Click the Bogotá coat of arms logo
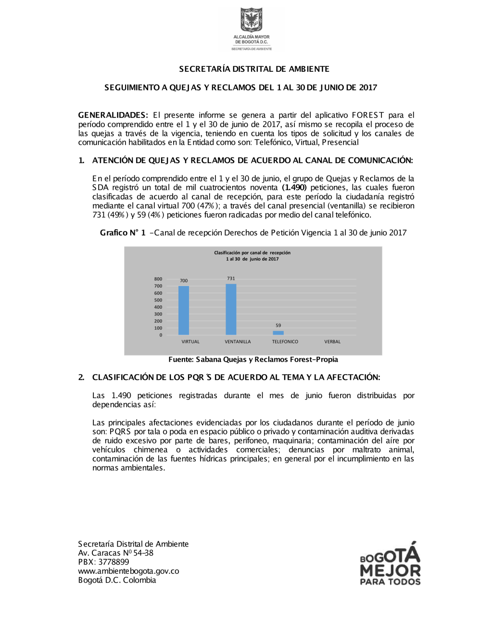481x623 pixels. point(252,20)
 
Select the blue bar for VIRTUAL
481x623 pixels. point(184,311)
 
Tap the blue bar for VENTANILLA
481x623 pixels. point(231,310)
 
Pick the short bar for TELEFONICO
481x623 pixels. point(278,333)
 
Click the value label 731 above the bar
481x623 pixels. point(231,278)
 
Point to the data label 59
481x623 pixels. point(278,325)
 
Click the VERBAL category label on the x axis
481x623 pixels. point(332,342)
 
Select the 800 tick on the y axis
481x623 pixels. point(158,279)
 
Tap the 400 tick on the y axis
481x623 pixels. point(158,307)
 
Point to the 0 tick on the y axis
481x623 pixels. point(161,335)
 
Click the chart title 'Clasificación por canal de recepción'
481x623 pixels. point(252,253)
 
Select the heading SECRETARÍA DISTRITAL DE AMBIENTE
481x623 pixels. point(254,69)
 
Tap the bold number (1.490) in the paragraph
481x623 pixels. point(294,187)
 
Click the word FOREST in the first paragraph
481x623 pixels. point(368,115)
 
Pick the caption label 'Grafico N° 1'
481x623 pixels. point(123,233)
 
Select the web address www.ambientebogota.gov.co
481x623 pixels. point(128,571)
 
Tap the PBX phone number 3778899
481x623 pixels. point(114,562)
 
